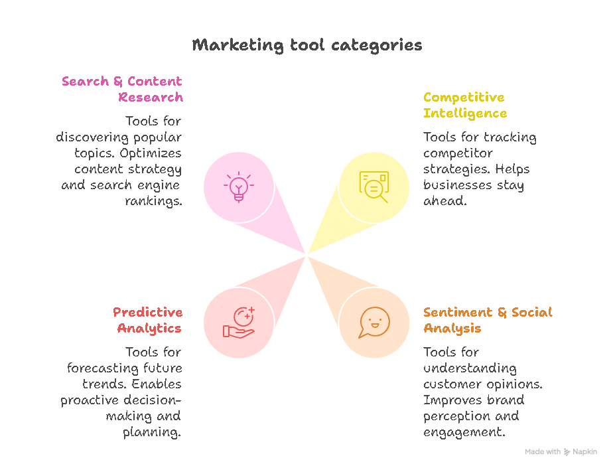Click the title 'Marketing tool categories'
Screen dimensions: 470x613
coord(306,45)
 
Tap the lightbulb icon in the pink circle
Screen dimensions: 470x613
coord(238,187)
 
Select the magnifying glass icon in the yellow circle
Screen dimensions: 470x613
coord(374,187)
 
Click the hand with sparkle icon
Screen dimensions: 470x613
coord(238,323)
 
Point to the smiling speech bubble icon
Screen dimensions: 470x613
coord(374,323)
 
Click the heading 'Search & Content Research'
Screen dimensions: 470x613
coord(122,89)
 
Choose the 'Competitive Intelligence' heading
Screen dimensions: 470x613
coord(464,105)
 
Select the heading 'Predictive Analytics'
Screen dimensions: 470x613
coord(147,320)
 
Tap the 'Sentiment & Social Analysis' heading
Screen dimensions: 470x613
coord(488,320)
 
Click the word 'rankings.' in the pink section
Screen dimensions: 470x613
coord(153,201)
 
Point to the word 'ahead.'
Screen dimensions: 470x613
coord(445,201)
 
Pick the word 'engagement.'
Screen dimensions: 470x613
coord(464,432)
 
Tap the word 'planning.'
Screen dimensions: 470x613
coord(152,432)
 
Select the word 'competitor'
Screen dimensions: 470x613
coord(458,153)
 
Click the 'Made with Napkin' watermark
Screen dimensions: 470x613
coord(561,452)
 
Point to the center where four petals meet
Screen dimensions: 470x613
coord(306,254)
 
